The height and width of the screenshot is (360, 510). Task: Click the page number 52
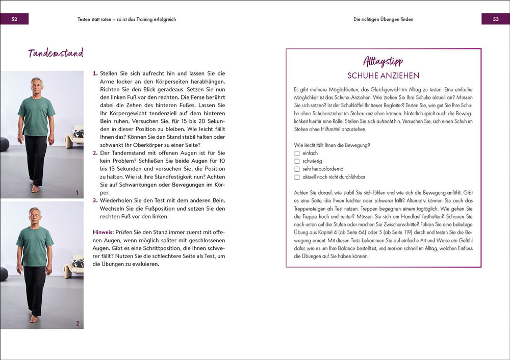pos(15,19)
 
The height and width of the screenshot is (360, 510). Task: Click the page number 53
pos(495,19)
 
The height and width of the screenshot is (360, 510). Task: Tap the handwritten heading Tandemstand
pos(56,54)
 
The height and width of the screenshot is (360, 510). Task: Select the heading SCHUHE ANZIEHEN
pos(383,76)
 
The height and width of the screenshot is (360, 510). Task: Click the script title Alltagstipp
pos(383,62)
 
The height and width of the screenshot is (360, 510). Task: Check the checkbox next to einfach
pos(297,153)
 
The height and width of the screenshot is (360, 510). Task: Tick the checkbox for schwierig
pos(297,161)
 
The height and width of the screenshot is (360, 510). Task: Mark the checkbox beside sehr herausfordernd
pos(297,169)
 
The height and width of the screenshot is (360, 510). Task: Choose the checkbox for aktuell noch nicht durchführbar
pos(297,177)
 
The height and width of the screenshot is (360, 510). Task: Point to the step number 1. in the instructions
pos(95,73)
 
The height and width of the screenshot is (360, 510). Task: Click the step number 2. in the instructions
pos(95,153)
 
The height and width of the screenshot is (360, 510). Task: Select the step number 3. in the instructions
pos(95,200)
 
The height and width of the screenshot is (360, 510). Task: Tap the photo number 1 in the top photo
pos(77,193)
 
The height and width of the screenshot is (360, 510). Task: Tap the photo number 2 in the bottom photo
pos(77,323)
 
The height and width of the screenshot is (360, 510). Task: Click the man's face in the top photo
pos(36,86)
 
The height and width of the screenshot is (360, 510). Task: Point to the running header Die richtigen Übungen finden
pos(383,19)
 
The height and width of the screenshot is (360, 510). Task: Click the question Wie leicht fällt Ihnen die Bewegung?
pos(332,145)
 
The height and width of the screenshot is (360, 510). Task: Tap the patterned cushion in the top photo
pos(78,134)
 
